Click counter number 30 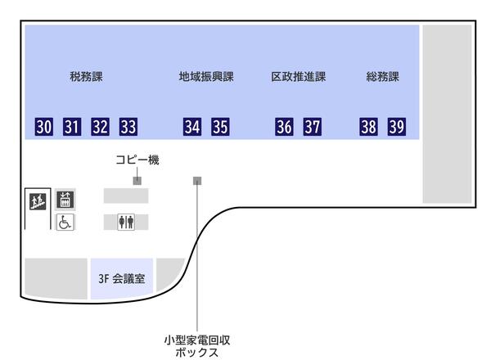point(44,127)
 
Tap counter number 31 point(72,127)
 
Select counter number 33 point(128,127)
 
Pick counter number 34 point(192,127)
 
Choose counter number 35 point(220,127)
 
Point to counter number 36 point(285,127)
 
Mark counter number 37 point(313,127)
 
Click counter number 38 point(369,127)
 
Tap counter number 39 point(397,127)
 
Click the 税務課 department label point(86,78)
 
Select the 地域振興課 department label point(206,78)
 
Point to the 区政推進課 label point(299,78)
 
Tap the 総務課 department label point(382,78)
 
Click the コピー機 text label point(137,160)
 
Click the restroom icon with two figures point(126,222)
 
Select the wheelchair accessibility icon point(65,222)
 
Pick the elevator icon point(65,199)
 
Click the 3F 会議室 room point(121,278)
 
